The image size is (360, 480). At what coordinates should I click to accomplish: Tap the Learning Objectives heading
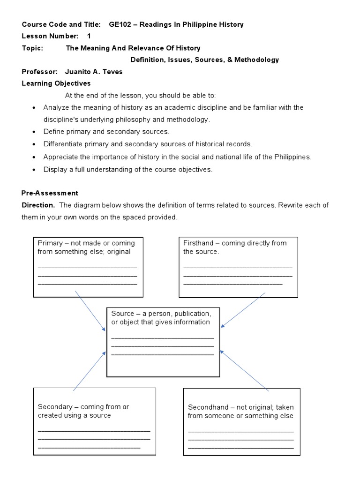point(56,83)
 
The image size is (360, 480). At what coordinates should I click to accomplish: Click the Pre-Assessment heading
point(50,193)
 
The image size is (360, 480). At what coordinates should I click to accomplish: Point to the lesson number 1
point(89,36)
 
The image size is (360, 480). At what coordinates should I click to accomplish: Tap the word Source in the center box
point(122,314)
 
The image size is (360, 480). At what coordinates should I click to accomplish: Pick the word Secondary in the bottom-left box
point(55,407)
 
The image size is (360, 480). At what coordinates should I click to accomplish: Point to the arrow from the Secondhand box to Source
point(244,370)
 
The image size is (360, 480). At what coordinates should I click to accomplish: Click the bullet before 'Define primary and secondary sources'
point(34,132)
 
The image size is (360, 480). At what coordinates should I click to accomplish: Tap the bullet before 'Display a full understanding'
point(34,170)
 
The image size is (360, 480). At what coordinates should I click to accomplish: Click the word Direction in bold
point(38,205)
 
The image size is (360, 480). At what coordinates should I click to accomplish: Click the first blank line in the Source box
point(163,337)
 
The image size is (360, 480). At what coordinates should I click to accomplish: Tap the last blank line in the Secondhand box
point(240,448)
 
